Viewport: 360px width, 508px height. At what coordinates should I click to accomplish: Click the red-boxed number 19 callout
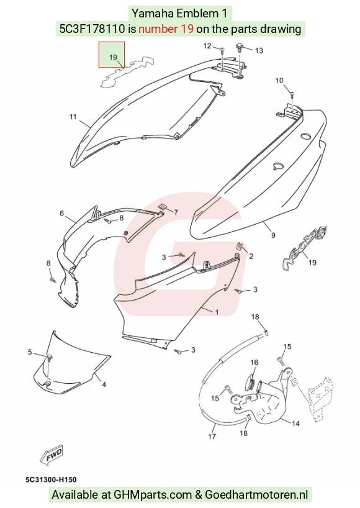click(113, 57)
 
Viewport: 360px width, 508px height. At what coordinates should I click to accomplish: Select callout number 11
click(73, 116)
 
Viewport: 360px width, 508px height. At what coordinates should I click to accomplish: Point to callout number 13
click(259, 50)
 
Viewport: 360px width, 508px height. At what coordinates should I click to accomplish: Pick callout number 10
click(279, 80)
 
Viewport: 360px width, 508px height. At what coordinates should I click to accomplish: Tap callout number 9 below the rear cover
click(273, 235)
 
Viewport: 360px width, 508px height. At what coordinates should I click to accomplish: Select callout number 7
click(176, 212)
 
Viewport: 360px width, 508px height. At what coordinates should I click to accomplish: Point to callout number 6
click(61, 214)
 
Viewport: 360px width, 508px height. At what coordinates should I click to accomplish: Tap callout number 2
click(251, 256)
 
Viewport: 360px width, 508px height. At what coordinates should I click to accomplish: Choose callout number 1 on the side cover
click(217, 312)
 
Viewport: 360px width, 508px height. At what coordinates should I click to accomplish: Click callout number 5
click(30, 352)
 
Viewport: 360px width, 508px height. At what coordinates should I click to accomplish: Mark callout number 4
click(104, 384)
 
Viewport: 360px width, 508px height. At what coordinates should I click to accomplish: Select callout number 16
click(254, 362)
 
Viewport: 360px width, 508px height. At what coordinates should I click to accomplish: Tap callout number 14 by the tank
click(295, 424)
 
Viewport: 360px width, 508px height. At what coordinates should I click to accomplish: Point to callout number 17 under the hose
click(212, 437)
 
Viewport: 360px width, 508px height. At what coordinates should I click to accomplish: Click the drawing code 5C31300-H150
click(51, 479)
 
